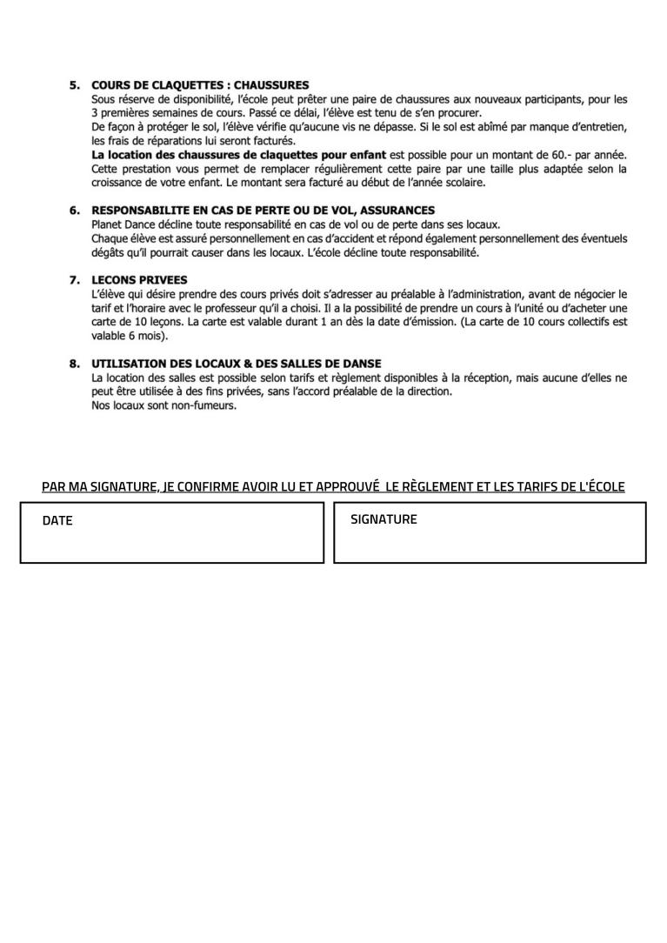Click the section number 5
pyautogui.click(x=75, y=85)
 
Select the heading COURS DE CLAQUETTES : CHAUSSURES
pyautogui.click(x=200, y=85)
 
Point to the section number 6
pyautogui.click(x=75, y=211)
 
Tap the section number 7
pyautogui.click(x=75, y=280)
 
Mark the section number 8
pyautogui.click(x=75, y=364)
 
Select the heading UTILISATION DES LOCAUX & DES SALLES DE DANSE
pyautogui.click(x=237, y=364)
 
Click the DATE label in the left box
pyautogui.click(x=57, y=521)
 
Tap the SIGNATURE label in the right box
pyautogui.click(x=384, y=519)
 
